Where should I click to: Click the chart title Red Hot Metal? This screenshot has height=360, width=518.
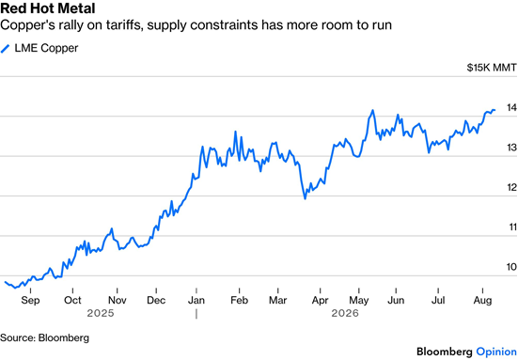(48, 8)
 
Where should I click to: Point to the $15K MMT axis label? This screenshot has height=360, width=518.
(492, 68)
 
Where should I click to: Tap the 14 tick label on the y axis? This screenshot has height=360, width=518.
(511, 107)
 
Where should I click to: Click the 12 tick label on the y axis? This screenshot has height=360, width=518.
(511, 187)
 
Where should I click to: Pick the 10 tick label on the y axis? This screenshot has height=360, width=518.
(511, 267)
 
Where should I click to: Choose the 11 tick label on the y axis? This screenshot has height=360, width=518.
(512, 227)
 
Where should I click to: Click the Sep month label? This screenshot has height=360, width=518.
(30, 300)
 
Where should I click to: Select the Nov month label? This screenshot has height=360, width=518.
(118, 300)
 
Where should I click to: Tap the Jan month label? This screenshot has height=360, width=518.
(196, 300)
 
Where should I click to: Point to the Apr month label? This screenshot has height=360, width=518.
(321, 301)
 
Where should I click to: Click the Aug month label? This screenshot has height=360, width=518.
(482, 301)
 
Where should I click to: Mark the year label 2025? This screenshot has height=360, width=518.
(101, 313)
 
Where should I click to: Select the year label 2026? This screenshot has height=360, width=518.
(345, 313)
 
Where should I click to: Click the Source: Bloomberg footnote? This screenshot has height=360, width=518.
(44, 337)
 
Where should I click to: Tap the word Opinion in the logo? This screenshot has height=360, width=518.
(496, 352)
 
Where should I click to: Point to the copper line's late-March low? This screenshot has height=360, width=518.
(305, 199)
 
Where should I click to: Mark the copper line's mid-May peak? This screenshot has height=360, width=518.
(372, 110)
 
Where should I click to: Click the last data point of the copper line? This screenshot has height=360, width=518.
(494, 110)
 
